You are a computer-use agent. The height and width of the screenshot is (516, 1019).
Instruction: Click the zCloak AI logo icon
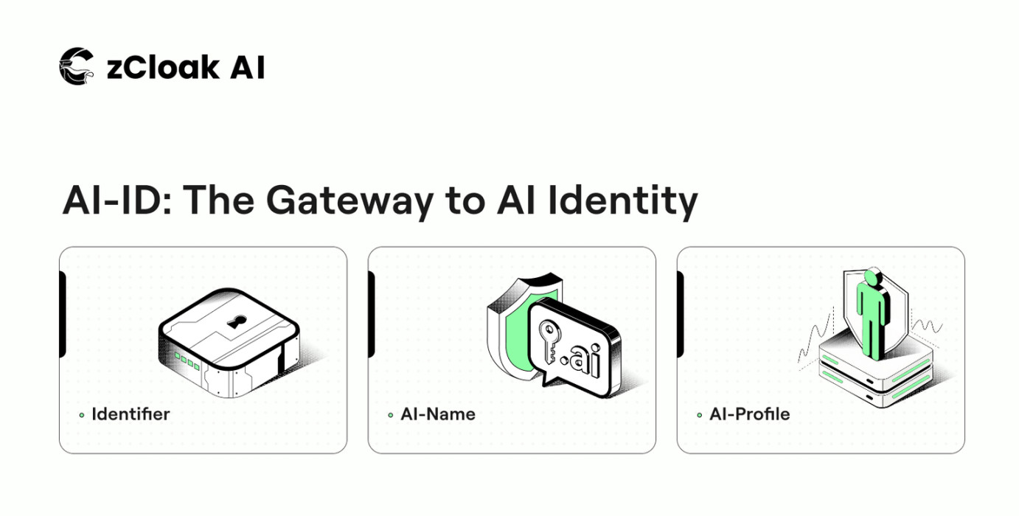[x=77, y=66]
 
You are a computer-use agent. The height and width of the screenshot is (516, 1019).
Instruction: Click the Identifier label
[x=131, y=414]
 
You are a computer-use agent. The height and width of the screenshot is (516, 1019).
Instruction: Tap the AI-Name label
[x=438, y=414]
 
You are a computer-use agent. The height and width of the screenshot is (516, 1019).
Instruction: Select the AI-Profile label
[x=749, y=414]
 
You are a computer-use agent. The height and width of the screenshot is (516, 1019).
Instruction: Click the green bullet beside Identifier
[x=82, y=416]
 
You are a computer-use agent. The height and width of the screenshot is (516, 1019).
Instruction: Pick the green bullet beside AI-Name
[x=391, y=416]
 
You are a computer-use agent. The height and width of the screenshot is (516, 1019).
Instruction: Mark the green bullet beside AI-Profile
[x=700, y=416]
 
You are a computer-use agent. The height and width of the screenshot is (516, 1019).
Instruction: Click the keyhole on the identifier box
[x=236, y=322]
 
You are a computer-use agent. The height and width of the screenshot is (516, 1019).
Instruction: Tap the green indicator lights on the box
[x=187, y=361]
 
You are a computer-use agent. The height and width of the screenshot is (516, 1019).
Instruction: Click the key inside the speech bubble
[x=550, y=342]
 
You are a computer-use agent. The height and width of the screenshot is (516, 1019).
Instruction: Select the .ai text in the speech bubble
[x=582, y=358]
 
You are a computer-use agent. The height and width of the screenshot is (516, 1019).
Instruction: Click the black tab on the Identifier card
[x=63, y=313]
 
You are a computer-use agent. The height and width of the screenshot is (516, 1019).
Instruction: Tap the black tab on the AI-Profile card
[x=681, y=313]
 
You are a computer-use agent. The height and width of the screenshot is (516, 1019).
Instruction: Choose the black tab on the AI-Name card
[x=372, y=313]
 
